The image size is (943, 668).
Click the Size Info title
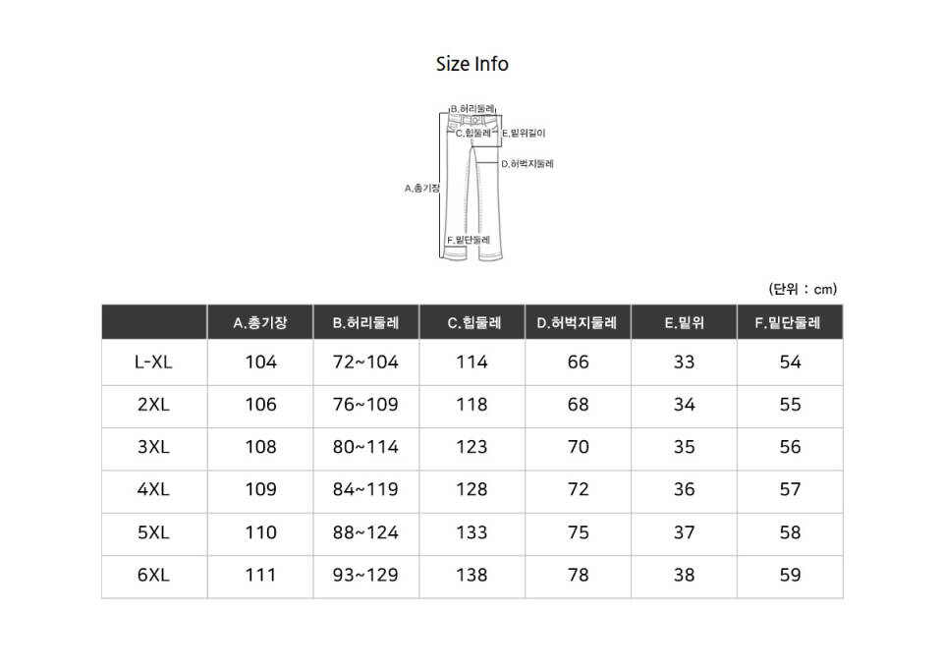click(x=472, y=64)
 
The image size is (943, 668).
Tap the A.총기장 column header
click(x=259, y=323)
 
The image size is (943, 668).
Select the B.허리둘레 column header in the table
click(x=365, y=323)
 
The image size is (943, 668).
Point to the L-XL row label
click(x=153, y=362)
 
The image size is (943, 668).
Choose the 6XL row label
click(x=153, y=575)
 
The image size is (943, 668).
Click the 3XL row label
click(x=153, y=447)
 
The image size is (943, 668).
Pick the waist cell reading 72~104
click(x=365, y=362)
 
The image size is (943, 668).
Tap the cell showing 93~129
click(x=365, y=575)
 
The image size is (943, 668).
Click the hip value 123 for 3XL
click(x=471, y=447)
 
